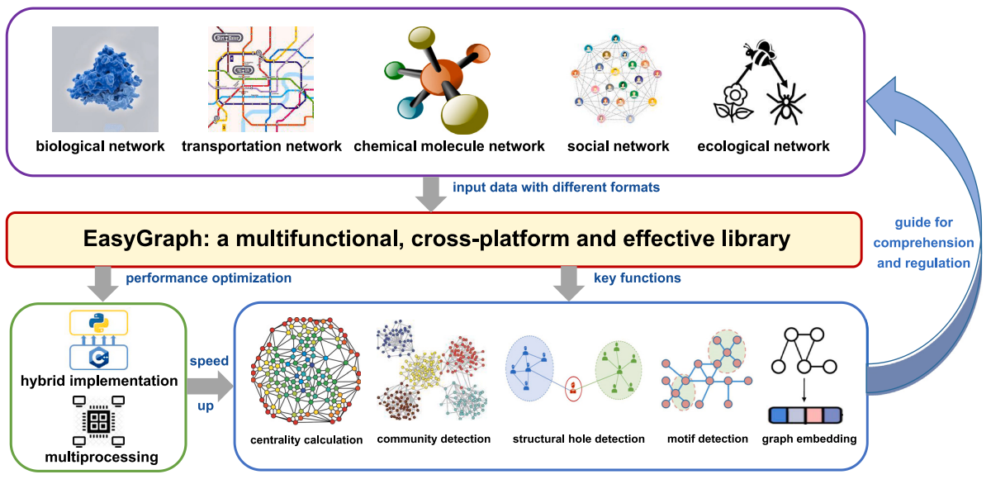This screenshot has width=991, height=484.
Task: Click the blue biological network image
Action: coord(105,78)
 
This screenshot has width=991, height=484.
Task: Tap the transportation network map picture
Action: coord(260,79)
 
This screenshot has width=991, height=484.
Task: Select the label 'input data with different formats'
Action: coord(556,187)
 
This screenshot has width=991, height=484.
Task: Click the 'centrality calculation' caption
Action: coord(307,439)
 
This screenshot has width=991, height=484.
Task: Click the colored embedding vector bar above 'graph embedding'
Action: coord(804,415)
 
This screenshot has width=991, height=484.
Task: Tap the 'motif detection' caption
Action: coord(706,439)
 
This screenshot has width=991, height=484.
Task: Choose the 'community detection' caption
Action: coord(434,439)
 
